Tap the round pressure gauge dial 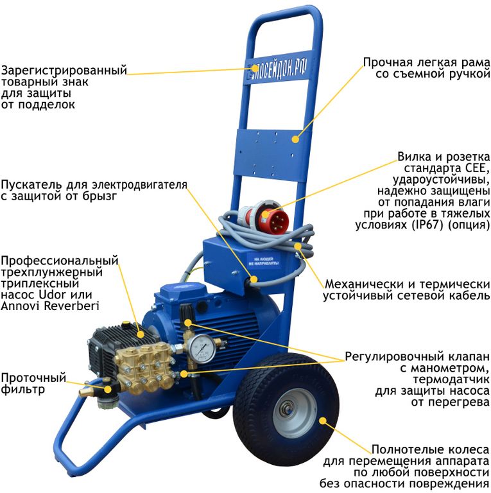[203, 349]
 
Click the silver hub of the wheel [295, 413]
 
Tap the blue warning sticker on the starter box [264, 261]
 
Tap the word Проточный [33, 377]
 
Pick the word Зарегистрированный [64, 71]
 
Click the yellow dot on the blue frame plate [295, 139]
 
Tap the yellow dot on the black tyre [323, 420]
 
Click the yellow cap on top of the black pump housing [126, 322]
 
